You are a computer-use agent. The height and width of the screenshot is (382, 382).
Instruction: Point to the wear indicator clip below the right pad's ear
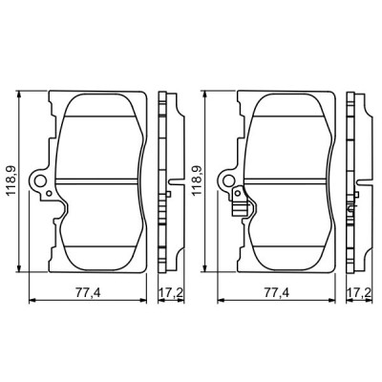239,199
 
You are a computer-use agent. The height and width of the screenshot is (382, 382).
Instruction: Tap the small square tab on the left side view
169,196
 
